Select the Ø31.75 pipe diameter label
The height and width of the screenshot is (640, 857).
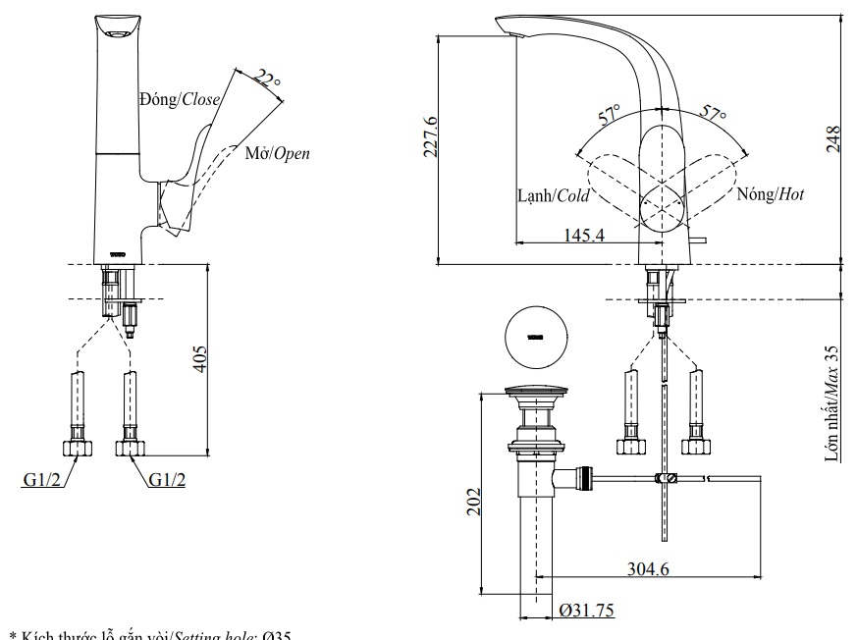tap(586, 611)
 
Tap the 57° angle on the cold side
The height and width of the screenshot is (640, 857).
tap(611, 115)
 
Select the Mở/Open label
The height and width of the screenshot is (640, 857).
tap(277, 153)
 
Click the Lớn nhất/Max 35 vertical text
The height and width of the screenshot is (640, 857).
tap(832, 402)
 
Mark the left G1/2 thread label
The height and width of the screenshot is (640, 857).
tap(42, 479)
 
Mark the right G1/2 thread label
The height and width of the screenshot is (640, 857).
tap(168, 479)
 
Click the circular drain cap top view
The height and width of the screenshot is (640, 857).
tap(535, 338)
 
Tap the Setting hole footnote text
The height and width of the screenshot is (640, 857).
tap(147, 633)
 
